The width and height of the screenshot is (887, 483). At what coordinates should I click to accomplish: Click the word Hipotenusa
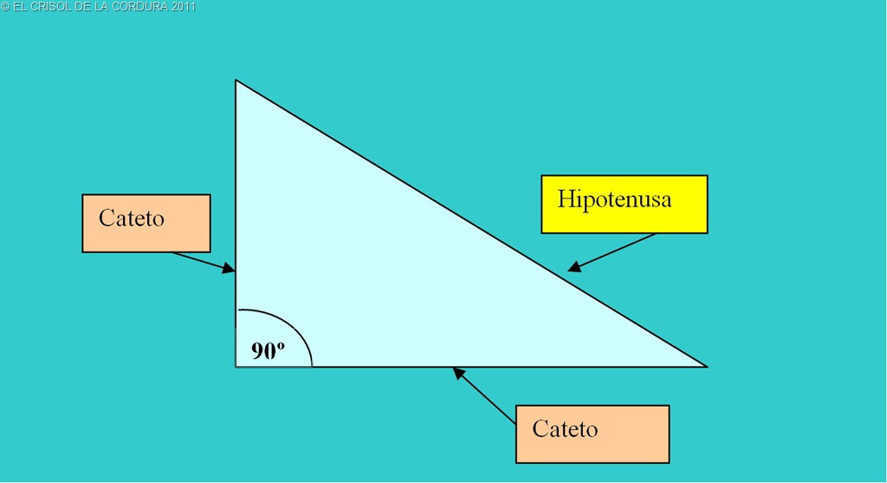point(614,199)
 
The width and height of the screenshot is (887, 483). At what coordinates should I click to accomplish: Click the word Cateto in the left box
point(132,218)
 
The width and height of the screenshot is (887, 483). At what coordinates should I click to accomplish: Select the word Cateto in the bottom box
point(565,428)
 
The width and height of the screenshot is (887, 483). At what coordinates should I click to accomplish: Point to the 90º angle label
point(268,350)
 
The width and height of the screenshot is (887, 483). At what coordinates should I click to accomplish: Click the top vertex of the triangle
point(236,81)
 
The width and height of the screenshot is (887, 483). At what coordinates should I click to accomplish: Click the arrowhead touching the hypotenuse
point(574,268)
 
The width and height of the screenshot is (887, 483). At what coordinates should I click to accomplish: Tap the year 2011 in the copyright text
point(183,7)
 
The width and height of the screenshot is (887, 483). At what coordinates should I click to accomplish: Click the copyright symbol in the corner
point(5,7)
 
